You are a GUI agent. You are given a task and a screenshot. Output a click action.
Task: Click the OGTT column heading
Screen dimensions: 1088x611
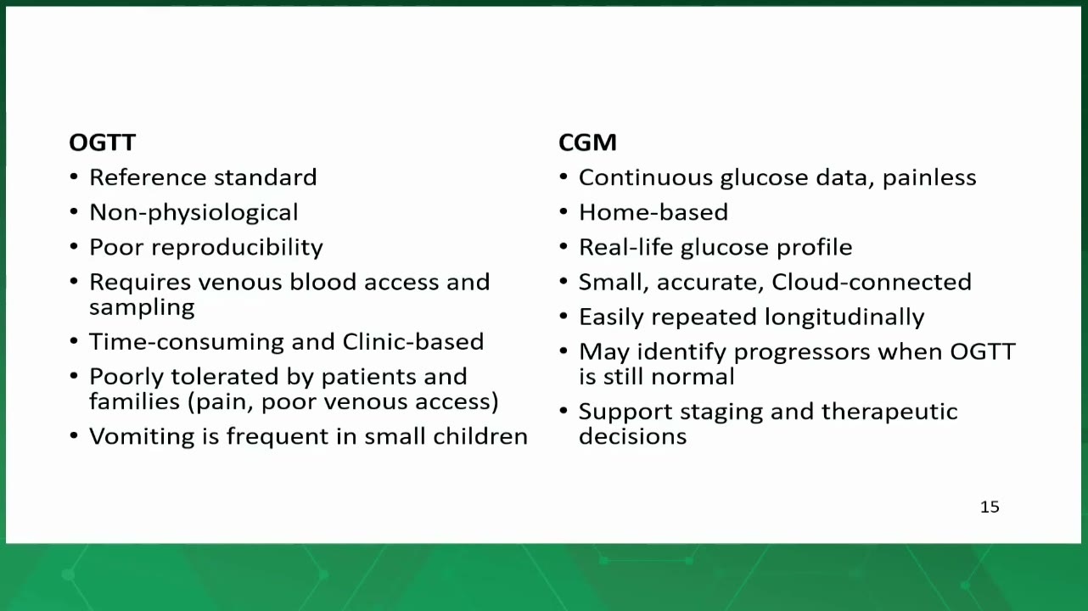(x=102, y=143)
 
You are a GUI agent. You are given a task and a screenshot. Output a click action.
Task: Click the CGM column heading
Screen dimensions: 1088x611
(x=587, y=143)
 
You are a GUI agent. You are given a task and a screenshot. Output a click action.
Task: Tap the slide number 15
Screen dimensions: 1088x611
(x=990, y=507)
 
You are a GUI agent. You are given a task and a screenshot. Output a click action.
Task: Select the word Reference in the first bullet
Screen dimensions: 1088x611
(x=148, y=177)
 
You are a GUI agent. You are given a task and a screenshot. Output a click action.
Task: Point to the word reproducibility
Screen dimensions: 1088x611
(x=237, y=248)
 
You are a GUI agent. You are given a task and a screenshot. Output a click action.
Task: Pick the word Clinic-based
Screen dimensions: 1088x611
(x=412, y=341)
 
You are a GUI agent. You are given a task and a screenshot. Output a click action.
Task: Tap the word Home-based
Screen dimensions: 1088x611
(x=653, y=212)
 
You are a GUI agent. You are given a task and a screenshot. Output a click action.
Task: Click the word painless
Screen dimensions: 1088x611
(x=929, y=178)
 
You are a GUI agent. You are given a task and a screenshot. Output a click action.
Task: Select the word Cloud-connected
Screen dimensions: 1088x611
(x=872, y=283)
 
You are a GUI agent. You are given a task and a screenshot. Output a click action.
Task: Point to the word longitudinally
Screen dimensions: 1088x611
(x=844, y=318)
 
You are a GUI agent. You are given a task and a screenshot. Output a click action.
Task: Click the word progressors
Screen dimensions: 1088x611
(x=801, y=353)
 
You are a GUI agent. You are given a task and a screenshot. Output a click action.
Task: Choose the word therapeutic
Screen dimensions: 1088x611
(x=889, y=412)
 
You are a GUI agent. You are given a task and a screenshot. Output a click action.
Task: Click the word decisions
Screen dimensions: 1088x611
(x=632, y=436)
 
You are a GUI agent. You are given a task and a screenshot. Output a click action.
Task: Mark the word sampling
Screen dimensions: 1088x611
(x=142, y=308)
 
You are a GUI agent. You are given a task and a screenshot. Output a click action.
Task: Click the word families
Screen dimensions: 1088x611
(x=135, y=401)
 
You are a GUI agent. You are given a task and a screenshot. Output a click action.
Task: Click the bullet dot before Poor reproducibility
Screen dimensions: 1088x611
(x=74, y=247)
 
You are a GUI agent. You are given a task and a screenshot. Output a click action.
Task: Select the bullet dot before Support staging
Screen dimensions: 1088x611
(x=564, y=412)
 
